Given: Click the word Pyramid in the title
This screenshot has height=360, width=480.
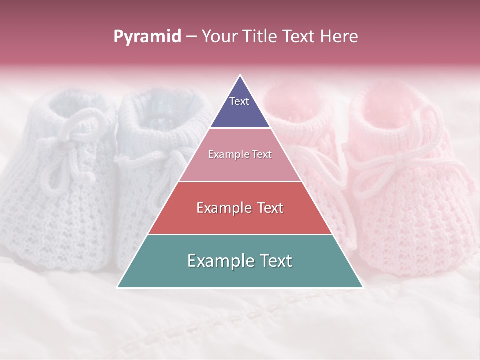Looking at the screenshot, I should tap(147, 37).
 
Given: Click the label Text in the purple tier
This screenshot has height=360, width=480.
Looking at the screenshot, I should tap(239, 101).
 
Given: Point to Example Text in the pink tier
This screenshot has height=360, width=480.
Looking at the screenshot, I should tap(240, 154).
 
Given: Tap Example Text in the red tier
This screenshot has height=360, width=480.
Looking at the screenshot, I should tap(240, 208).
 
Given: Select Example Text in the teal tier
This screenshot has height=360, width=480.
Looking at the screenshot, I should tap(240, 261).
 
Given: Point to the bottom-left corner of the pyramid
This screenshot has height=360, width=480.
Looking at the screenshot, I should tap(118, 287).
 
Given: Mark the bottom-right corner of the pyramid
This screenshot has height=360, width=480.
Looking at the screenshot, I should tap(362, 287).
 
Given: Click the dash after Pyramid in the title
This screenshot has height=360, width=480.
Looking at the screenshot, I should tap(191, 37).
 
